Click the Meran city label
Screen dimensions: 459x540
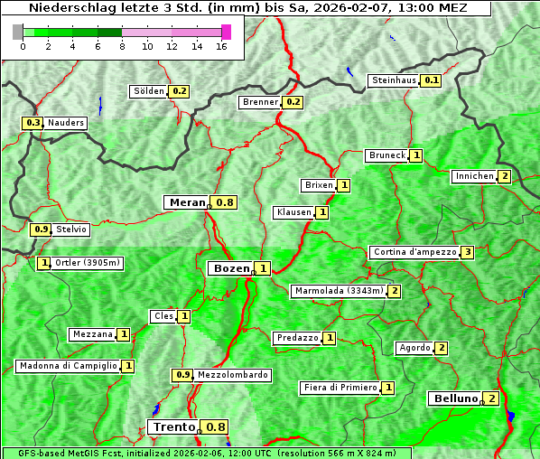pos(187,202)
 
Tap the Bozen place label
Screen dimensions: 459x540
pos(228,268)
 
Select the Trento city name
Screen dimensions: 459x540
pos(173,427)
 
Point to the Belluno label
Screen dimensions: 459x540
pos(453,398)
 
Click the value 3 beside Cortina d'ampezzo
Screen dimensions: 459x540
pos(467,252)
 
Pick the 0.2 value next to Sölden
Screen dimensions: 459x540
pos(179,91)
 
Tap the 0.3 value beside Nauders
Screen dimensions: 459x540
pos(33,123)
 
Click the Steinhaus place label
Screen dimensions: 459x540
pos(395,80)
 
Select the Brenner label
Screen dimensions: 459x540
pos(261,102)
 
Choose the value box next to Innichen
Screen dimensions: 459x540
pos(504,176)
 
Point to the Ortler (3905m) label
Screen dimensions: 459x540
pos(88,263)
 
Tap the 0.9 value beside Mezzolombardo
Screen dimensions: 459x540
pos(182,375)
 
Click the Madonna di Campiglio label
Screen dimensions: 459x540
pos(67,366)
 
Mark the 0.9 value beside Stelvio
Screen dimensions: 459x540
pos(41,229)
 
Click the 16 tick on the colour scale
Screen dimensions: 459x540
pos(220,46)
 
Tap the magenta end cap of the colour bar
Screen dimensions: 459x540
pos(226,32)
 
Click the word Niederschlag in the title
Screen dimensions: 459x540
pos(64,7)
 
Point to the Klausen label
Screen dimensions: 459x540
pos(293,212)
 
